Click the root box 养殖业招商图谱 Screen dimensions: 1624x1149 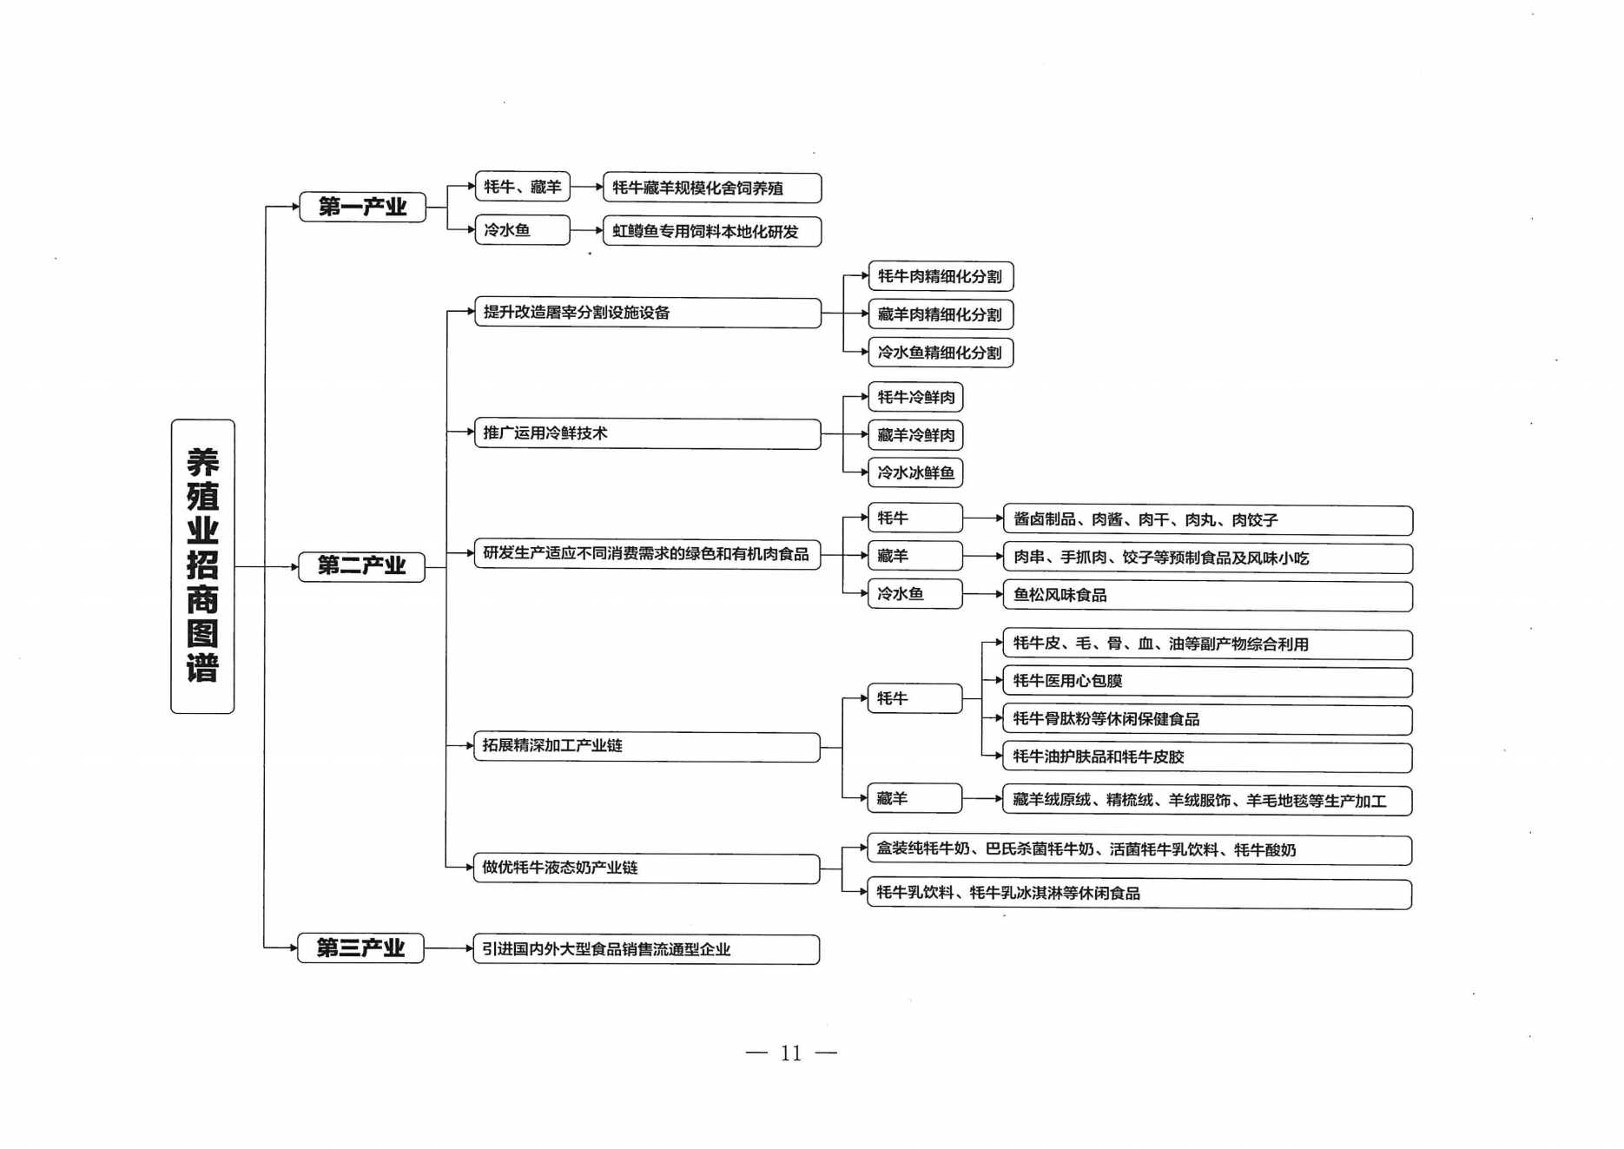coord(202,566)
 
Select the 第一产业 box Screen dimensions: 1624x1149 coord(363,207)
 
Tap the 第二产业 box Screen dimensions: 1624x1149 coord(362,566)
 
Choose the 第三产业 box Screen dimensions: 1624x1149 coord(361,948)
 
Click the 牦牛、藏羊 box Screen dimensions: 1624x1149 coord(523,187)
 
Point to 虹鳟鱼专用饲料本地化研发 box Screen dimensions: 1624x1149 coord(712,232)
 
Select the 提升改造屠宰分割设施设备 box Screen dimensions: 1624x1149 coord(648,313)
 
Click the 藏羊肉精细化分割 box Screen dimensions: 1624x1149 coord(941,314)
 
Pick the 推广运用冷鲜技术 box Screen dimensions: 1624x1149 coord(648,433)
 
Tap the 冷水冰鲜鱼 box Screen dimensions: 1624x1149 coord(915,472)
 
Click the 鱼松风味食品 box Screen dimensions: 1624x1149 coord(1208,596)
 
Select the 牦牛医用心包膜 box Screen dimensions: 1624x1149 coord(1208,682)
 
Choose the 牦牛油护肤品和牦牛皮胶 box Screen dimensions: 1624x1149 coord(1208,757)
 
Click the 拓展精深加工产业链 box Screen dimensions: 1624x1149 coord(647,747)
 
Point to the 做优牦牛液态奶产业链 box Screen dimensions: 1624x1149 coord(647,868)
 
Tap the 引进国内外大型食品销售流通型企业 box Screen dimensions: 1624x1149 coord(646,949)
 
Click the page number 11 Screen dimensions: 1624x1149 coord(791,1053)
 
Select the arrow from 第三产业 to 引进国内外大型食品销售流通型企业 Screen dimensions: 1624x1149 coord(449,948)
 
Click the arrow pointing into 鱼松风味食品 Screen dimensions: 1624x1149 coord(983,594)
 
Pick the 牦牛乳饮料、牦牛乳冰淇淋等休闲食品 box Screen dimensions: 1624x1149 coord(1139,894)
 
